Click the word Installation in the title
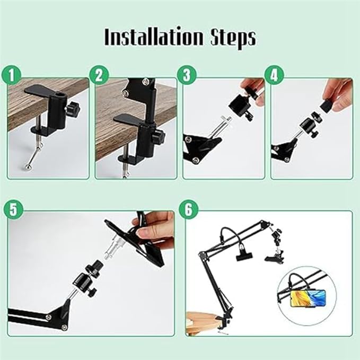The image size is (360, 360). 154,37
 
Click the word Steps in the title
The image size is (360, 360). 233,38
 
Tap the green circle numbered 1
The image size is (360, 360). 11,75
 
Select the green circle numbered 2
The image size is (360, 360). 99,75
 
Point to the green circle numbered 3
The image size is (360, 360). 187,75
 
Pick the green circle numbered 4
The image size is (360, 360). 274,75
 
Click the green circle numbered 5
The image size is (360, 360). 13,209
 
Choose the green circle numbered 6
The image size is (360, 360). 188,209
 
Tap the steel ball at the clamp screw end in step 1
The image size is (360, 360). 28,167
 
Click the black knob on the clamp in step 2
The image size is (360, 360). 159,136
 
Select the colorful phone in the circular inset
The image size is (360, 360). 308,298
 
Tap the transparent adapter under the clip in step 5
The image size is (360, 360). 113,249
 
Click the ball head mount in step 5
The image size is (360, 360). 86,279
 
